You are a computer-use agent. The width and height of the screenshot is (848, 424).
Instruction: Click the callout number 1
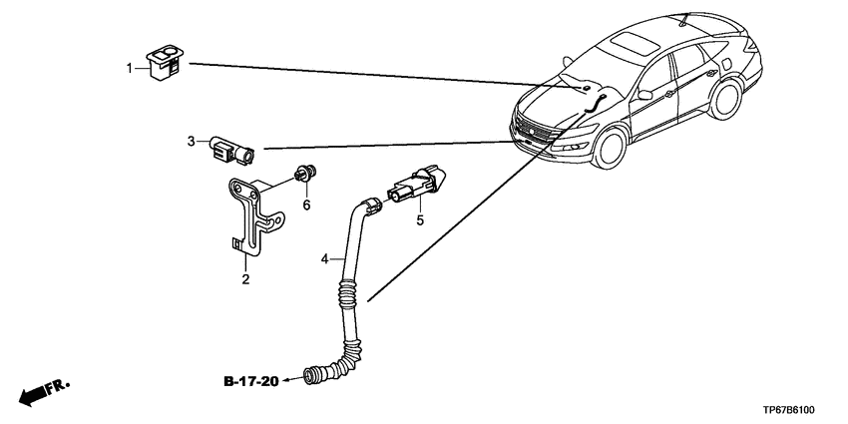(x=130, y=69)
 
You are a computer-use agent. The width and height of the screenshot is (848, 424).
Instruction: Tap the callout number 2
(x=245, y=279)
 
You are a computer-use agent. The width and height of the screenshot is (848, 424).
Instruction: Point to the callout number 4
(x=324, y=259)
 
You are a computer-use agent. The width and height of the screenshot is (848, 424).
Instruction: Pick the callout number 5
(x=420, y=220)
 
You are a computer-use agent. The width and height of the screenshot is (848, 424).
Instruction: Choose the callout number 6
(x=306, y=205)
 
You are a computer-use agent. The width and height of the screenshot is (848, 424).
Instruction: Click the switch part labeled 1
(x=165, y=63)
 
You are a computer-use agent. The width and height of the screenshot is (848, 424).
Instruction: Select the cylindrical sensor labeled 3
(x=233, y=150)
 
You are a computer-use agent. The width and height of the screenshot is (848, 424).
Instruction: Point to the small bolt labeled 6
(x=305, y=173)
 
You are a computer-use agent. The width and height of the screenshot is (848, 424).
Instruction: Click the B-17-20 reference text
(x=251, y=382)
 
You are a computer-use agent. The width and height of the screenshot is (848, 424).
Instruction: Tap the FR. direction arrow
(x=44, y=392)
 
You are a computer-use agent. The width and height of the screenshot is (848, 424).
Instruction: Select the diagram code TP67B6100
(x=795, y=410)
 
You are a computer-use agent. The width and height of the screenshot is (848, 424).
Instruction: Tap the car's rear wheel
(x=724, y=99)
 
